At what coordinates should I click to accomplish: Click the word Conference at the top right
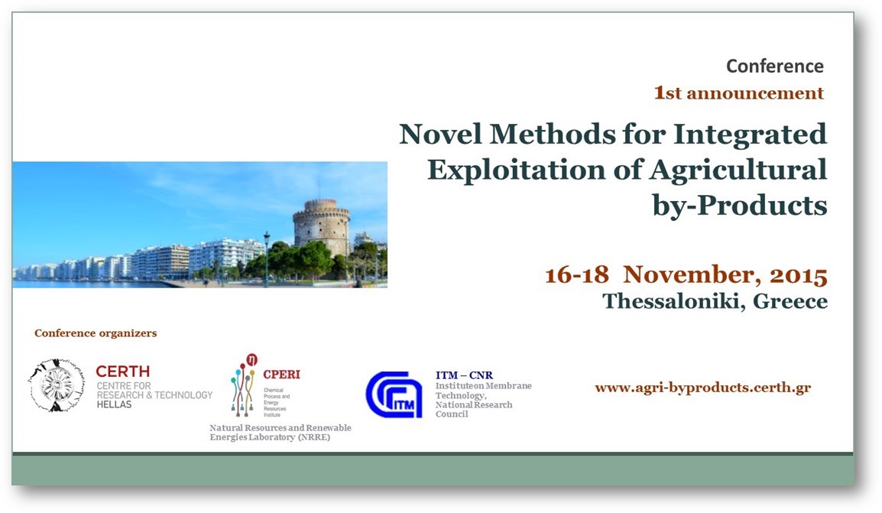point(774,66)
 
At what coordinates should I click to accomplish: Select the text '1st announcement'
point(738,93)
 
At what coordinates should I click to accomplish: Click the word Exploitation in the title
point(517,169)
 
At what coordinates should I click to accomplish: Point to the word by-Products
point(740,206)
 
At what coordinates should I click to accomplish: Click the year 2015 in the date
point(799,275)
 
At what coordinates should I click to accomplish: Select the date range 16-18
point(577,275)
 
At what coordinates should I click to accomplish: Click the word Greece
point(790,301)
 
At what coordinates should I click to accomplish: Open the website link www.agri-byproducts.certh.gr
point(702,388)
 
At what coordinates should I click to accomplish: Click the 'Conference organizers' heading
point(96,333)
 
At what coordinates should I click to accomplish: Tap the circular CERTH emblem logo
point(57,385)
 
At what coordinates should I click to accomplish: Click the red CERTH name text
point(122,372)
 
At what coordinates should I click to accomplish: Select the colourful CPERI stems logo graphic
point(244,385)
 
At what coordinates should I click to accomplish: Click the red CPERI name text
point(282,374)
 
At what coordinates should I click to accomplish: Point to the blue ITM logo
point(393,394)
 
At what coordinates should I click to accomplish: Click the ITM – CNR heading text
point(464,375)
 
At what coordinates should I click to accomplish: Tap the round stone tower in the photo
point(322,226)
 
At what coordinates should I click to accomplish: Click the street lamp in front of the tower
point(267,259)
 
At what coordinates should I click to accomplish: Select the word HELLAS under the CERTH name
point(114,404)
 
